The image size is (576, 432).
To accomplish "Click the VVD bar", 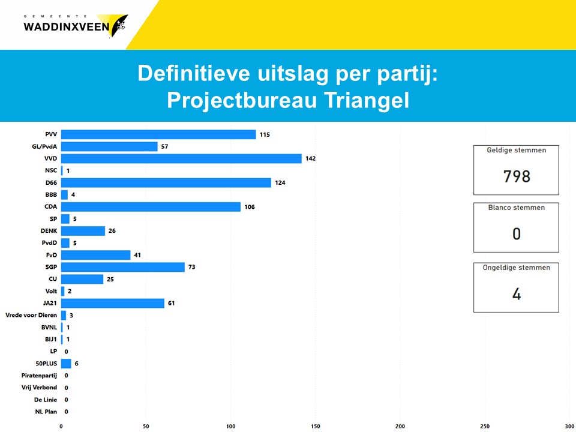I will (x=181, y=158).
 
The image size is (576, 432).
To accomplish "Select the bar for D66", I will (x=166, y=182).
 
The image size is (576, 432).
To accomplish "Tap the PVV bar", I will (x=158, y=134).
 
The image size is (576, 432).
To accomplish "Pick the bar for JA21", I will (x=112, y=303).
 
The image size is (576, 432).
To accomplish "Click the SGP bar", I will (x=122, y=267).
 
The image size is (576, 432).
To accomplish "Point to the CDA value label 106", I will (x=250, y=207).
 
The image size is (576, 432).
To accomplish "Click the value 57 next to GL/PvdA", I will (x=166, y=146).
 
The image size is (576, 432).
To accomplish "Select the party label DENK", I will (x=48, y=231).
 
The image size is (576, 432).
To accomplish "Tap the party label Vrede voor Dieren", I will (x=31, y=315).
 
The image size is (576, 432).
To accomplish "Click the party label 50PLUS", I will (x=46, y=364).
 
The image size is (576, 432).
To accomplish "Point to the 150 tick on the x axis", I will (x=316, y=426).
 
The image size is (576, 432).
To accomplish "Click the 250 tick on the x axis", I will (x=485, y=426).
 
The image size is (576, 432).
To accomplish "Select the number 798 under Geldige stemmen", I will (x=516, y=176).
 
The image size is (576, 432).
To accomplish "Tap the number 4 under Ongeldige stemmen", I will (x=516, y=294).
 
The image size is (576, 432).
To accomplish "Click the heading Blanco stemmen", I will (x=516, y=208).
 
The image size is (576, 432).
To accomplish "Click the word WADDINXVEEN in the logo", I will (x=67, y=26).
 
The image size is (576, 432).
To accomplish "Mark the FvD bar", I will (x=95, y=255).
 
